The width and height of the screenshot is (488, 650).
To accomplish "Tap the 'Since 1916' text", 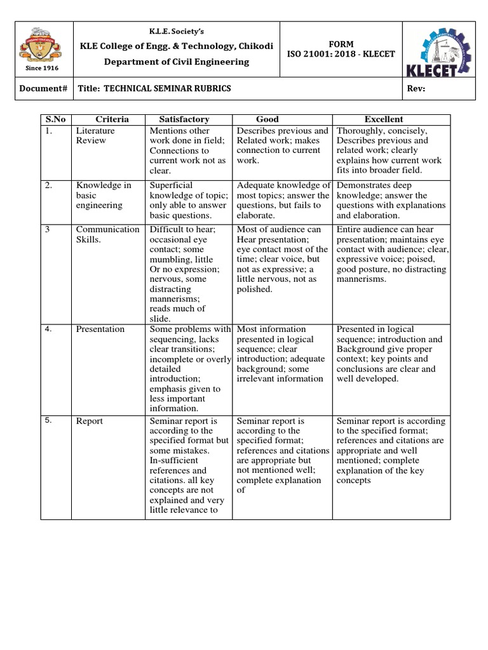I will click(41, 68).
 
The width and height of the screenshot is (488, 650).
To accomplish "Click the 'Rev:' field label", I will click(416, 88).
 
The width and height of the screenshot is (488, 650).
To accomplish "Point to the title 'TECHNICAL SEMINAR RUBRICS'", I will click(154, 88).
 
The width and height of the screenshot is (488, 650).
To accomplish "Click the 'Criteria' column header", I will click(112, 119).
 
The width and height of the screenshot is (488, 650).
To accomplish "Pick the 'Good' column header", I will click(267, 119).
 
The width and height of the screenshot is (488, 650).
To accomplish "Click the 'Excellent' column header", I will click(384, 119).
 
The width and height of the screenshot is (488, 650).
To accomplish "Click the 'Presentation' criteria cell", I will click(100, 329).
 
